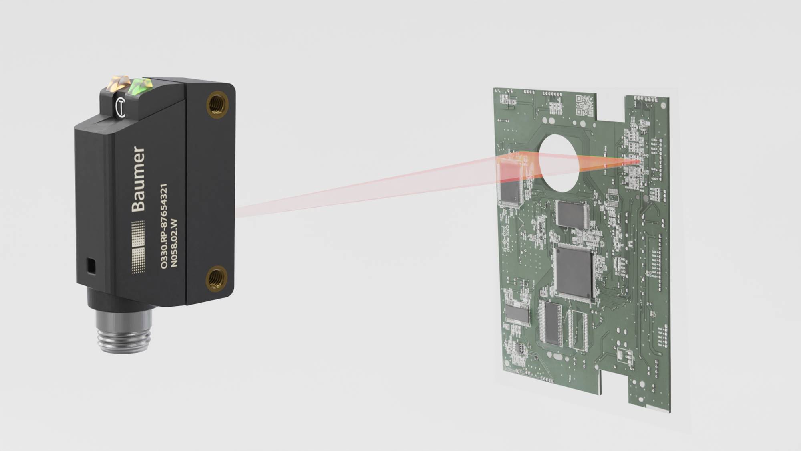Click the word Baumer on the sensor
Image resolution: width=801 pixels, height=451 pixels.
139,179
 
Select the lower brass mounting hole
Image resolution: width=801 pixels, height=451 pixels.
217,278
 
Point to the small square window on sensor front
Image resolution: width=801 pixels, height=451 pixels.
91,266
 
